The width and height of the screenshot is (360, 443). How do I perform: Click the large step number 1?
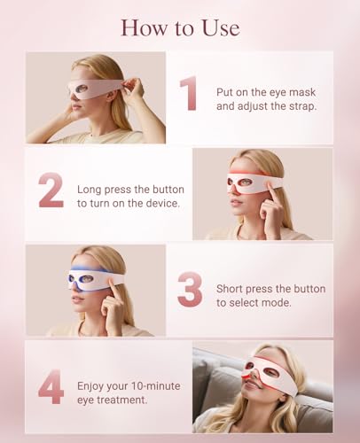[188, 95]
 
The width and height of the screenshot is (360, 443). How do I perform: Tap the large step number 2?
[50, 190]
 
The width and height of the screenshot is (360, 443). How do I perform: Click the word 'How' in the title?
[143, 28]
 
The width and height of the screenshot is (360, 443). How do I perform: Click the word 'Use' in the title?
[220, 28]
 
